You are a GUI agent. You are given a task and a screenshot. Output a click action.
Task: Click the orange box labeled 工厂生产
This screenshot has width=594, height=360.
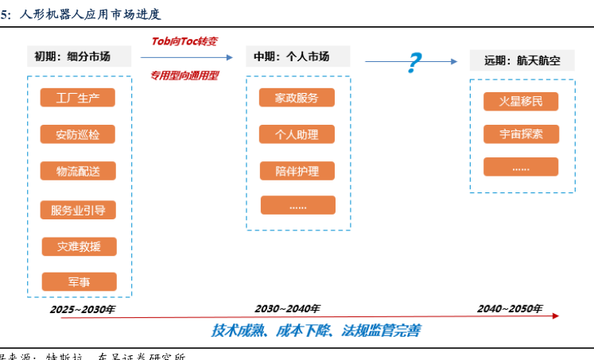tap(78, 98)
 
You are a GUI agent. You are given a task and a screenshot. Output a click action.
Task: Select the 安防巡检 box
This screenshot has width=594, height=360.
tap(78, 134)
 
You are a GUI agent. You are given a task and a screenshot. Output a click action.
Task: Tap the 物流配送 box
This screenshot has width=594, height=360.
tap(78, 171)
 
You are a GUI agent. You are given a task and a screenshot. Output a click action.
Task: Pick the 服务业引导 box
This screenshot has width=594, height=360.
tap(78, 210)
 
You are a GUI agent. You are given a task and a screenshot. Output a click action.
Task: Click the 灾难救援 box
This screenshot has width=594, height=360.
tap(78, 246)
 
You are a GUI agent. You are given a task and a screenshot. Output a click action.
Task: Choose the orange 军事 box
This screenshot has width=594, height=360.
tap(78, 281)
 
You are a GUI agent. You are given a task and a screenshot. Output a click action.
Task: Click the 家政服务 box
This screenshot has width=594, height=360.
tap(297, 98)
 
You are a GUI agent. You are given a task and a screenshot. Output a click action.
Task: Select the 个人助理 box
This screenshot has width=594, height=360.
tap(297, 134)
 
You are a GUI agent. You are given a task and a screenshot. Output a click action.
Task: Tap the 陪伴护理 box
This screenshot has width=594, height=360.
tap(297, 171)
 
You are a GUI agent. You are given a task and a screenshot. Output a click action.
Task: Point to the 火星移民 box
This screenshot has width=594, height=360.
tap(521, 101)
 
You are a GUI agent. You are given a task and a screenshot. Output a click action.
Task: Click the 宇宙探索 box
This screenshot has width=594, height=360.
tap(521, 134)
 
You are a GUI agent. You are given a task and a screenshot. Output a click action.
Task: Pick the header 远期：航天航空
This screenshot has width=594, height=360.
tap(522, 61)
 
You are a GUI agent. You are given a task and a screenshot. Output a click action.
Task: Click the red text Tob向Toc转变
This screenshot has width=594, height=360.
tap(184, 41)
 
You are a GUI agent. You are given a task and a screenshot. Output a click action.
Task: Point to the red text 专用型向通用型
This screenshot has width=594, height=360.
tap(184, 75)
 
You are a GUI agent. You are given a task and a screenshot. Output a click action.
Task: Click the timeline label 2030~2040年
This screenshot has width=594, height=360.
tap(287, 308)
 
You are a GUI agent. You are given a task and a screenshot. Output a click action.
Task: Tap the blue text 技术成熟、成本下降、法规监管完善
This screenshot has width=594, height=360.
tap(316, 330)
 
